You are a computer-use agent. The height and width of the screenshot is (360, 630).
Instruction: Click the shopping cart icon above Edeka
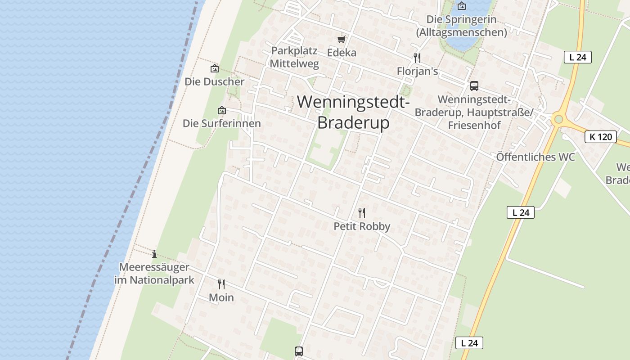(342, 40)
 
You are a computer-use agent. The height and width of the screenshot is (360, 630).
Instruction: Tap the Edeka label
(342, 53)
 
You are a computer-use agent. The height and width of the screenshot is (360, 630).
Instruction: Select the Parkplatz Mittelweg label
(294, 57)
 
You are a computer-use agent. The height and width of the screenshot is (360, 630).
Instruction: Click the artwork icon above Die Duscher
(215, 69)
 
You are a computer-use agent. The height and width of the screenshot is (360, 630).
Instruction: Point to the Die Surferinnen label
(221, 123)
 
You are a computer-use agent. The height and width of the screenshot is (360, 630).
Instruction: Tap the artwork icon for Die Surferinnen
(221, 110)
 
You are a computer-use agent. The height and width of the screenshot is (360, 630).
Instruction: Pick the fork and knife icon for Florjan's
(417, 58)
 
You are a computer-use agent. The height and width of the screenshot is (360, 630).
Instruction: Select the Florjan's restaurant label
(417, 72)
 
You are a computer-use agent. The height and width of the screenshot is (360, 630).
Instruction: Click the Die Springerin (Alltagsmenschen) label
(461, 26)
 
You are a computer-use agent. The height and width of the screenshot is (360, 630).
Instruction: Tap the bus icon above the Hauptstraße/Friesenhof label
(474, 86)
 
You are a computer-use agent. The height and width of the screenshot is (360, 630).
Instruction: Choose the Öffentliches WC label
(535, 157)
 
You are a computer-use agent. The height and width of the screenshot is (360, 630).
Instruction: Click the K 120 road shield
(601, 137)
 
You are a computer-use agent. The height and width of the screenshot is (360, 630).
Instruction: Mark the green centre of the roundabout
(558, 119)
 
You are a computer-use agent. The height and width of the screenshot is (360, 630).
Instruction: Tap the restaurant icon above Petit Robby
(362, 212)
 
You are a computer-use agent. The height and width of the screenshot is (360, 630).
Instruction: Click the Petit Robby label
(362, 226)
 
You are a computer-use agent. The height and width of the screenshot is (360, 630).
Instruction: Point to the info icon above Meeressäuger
(154, 254)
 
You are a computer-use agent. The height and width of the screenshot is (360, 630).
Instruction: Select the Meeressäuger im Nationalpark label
(154, 274)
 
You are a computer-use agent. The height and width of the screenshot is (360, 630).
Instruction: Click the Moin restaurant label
(221, 297)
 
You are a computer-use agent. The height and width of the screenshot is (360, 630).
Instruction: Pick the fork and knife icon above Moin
(221, 284)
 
